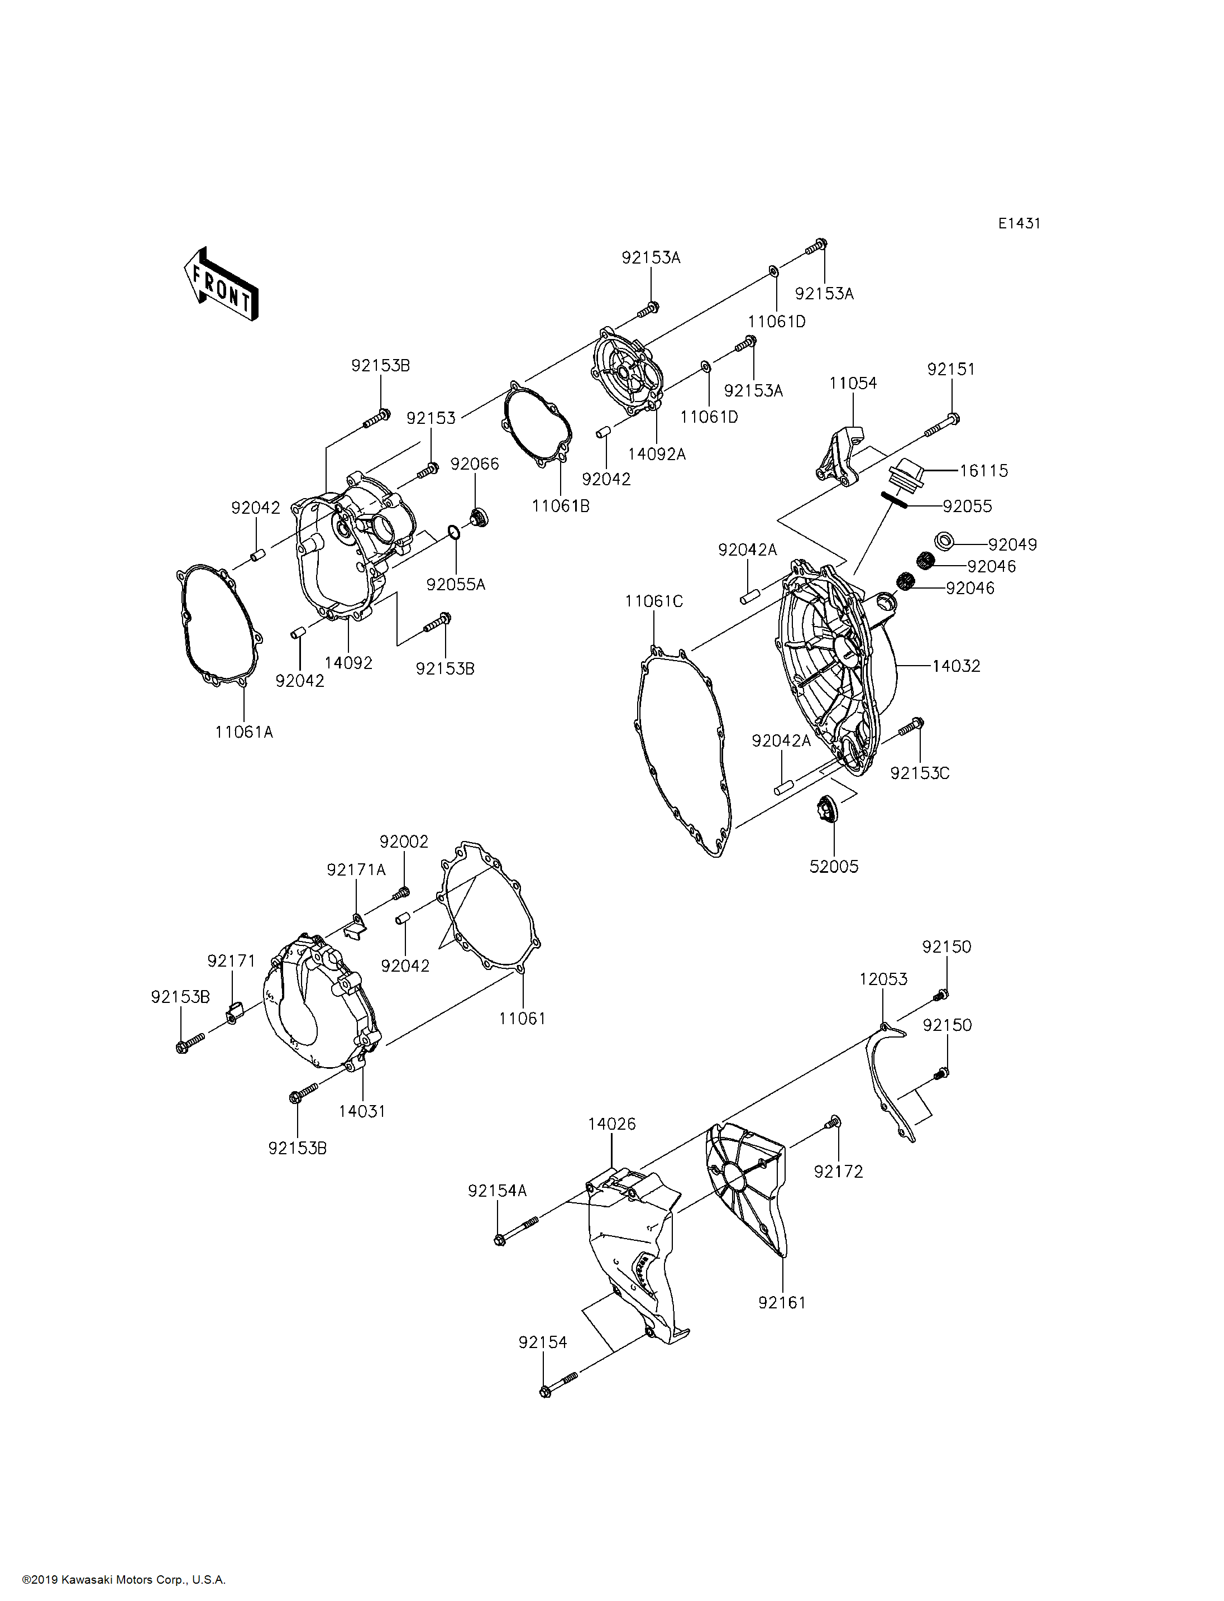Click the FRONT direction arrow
click(221, 284)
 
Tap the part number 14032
click(956, 666)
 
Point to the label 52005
click(834, 867)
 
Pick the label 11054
click(853, 383)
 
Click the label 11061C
click(654, 601)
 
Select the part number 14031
click(362, 1111)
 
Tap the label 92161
click(782, 1302)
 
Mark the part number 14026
click(612, 1125)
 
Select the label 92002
click(404, 842)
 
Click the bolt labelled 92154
click(559, 1384)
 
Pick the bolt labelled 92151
click(942, 425)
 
